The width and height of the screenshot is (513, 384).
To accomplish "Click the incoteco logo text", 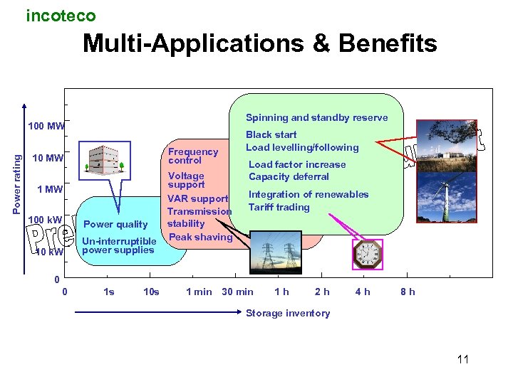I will pyautogui.click(x=61, y=15).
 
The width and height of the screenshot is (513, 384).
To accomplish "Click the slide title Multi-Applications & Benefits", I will pyautogui.click(x=259, y=44).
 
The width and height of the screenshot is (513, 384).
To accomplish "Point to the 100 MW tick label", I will pyautogui.click(x=46, y=127).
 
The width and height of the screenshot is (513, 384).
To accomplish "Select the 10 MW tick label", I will pyautogui.click(x=48, y=158).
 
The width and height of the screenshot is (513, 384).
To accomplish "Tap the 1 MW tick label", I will pyautogui.click(x=50, y=189).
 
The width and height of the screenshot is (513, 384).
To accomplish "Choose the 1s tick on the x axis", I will pyautogui.click(x=109, y=292).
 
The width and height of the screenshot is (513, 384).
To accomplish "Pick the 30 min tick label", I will pyautogui.click(x=237, y=292).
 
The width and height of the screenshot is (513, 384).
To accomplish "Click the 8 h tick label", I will pyautogui.click(x=408, y=292).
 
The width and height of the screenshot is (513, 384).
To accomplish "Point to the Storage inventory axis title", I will pyautogui.click(x=288, y=313).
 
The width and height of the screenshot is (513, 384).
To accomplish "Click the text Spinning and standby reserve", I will pyautogui.click(x=316, y=118).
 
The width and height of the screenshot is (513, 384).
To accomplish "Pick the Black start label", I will pyautogui.click(x=271, y=134).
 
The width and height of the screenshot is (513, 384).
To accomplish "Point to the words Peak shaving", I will pyautogui.click(x=200, y=237).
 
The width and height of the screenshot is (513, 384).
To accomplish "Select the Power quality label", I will pyautogui.click(x=115, y=225).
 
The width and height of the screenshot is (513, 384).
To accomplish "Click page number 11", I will pyautogui.click(x=463, y=359).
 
